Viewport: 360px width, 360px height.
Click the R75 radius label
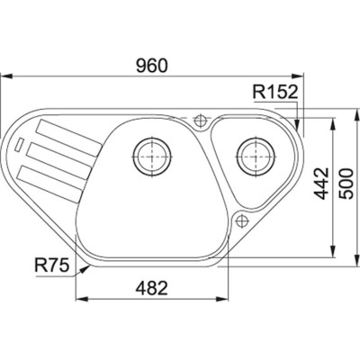coord(53,265)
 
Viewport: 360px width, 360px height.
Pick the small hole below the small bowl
coord(241,219)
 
